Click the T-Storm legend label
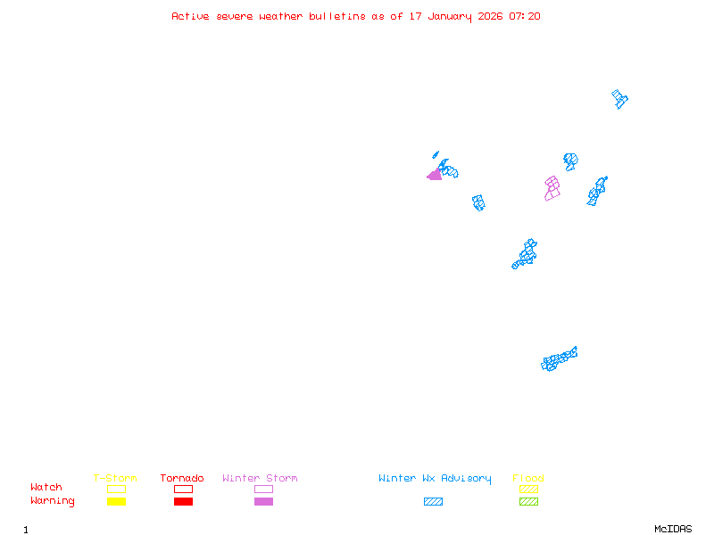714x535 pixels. point(115,479)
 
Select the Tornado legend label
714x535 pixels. point(182,479)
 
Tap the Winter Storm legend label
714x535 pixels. point(260,479)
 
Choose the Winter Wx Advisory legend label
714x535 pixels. point(435,479)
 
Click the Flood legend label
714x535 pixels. point(528,479)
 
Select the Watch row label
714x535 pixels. point(46,488)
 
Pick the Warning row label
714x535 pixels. point(53,501)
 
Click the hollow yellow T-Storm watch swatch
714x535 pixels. point(116,489)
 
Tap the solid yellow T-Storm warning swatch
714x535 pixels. point(116,501)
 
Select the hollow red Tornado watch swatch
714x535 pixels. point(183,489)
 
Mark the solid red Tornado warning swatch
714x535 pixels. point(183,501)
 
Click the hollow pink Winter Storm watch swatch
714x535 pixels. point(263,489)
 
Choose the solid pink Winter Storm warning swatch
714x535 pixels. point(263,501)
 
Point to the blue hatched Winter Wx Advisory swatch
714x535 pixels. point(433,501)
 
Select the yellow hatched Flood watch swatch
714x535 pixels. point(528,489)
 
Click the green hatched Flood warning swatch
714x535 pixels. point(528,501)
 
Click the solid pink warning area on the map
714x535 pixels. point(435,175)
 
